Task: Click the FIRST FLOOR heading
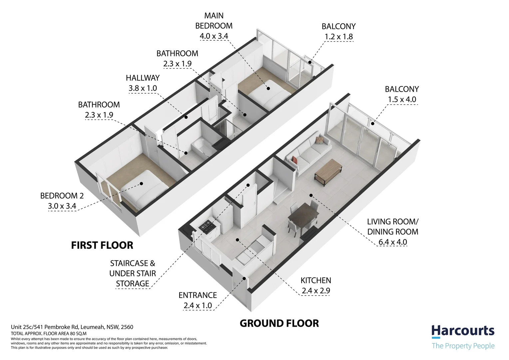(102, 245)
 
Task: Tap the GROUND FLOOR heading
(279, 323)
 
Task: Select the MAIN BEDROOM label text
(214, 21)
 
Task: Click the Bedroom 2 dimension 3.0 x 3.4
(62, 206)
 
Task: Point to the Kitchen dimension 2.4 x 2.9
(316, 291)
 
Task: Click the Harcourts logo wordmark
(463, 331)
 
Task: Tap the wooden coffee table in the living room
(328, 172)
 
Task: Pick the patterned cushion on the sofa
(320, 140)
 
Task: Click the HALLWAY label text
(143, 78)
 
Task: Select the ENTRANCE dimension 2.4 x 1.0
(198, 305)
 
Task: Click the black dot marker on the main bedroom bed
(268, 88)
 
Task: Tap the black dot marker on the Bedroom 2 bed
(141, 184)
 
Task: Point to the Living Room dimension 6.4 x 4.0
(393, 242)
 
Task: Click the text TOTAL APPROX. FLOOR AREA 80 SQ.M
(49, 334)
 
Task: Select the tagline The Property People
(463, 346)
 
